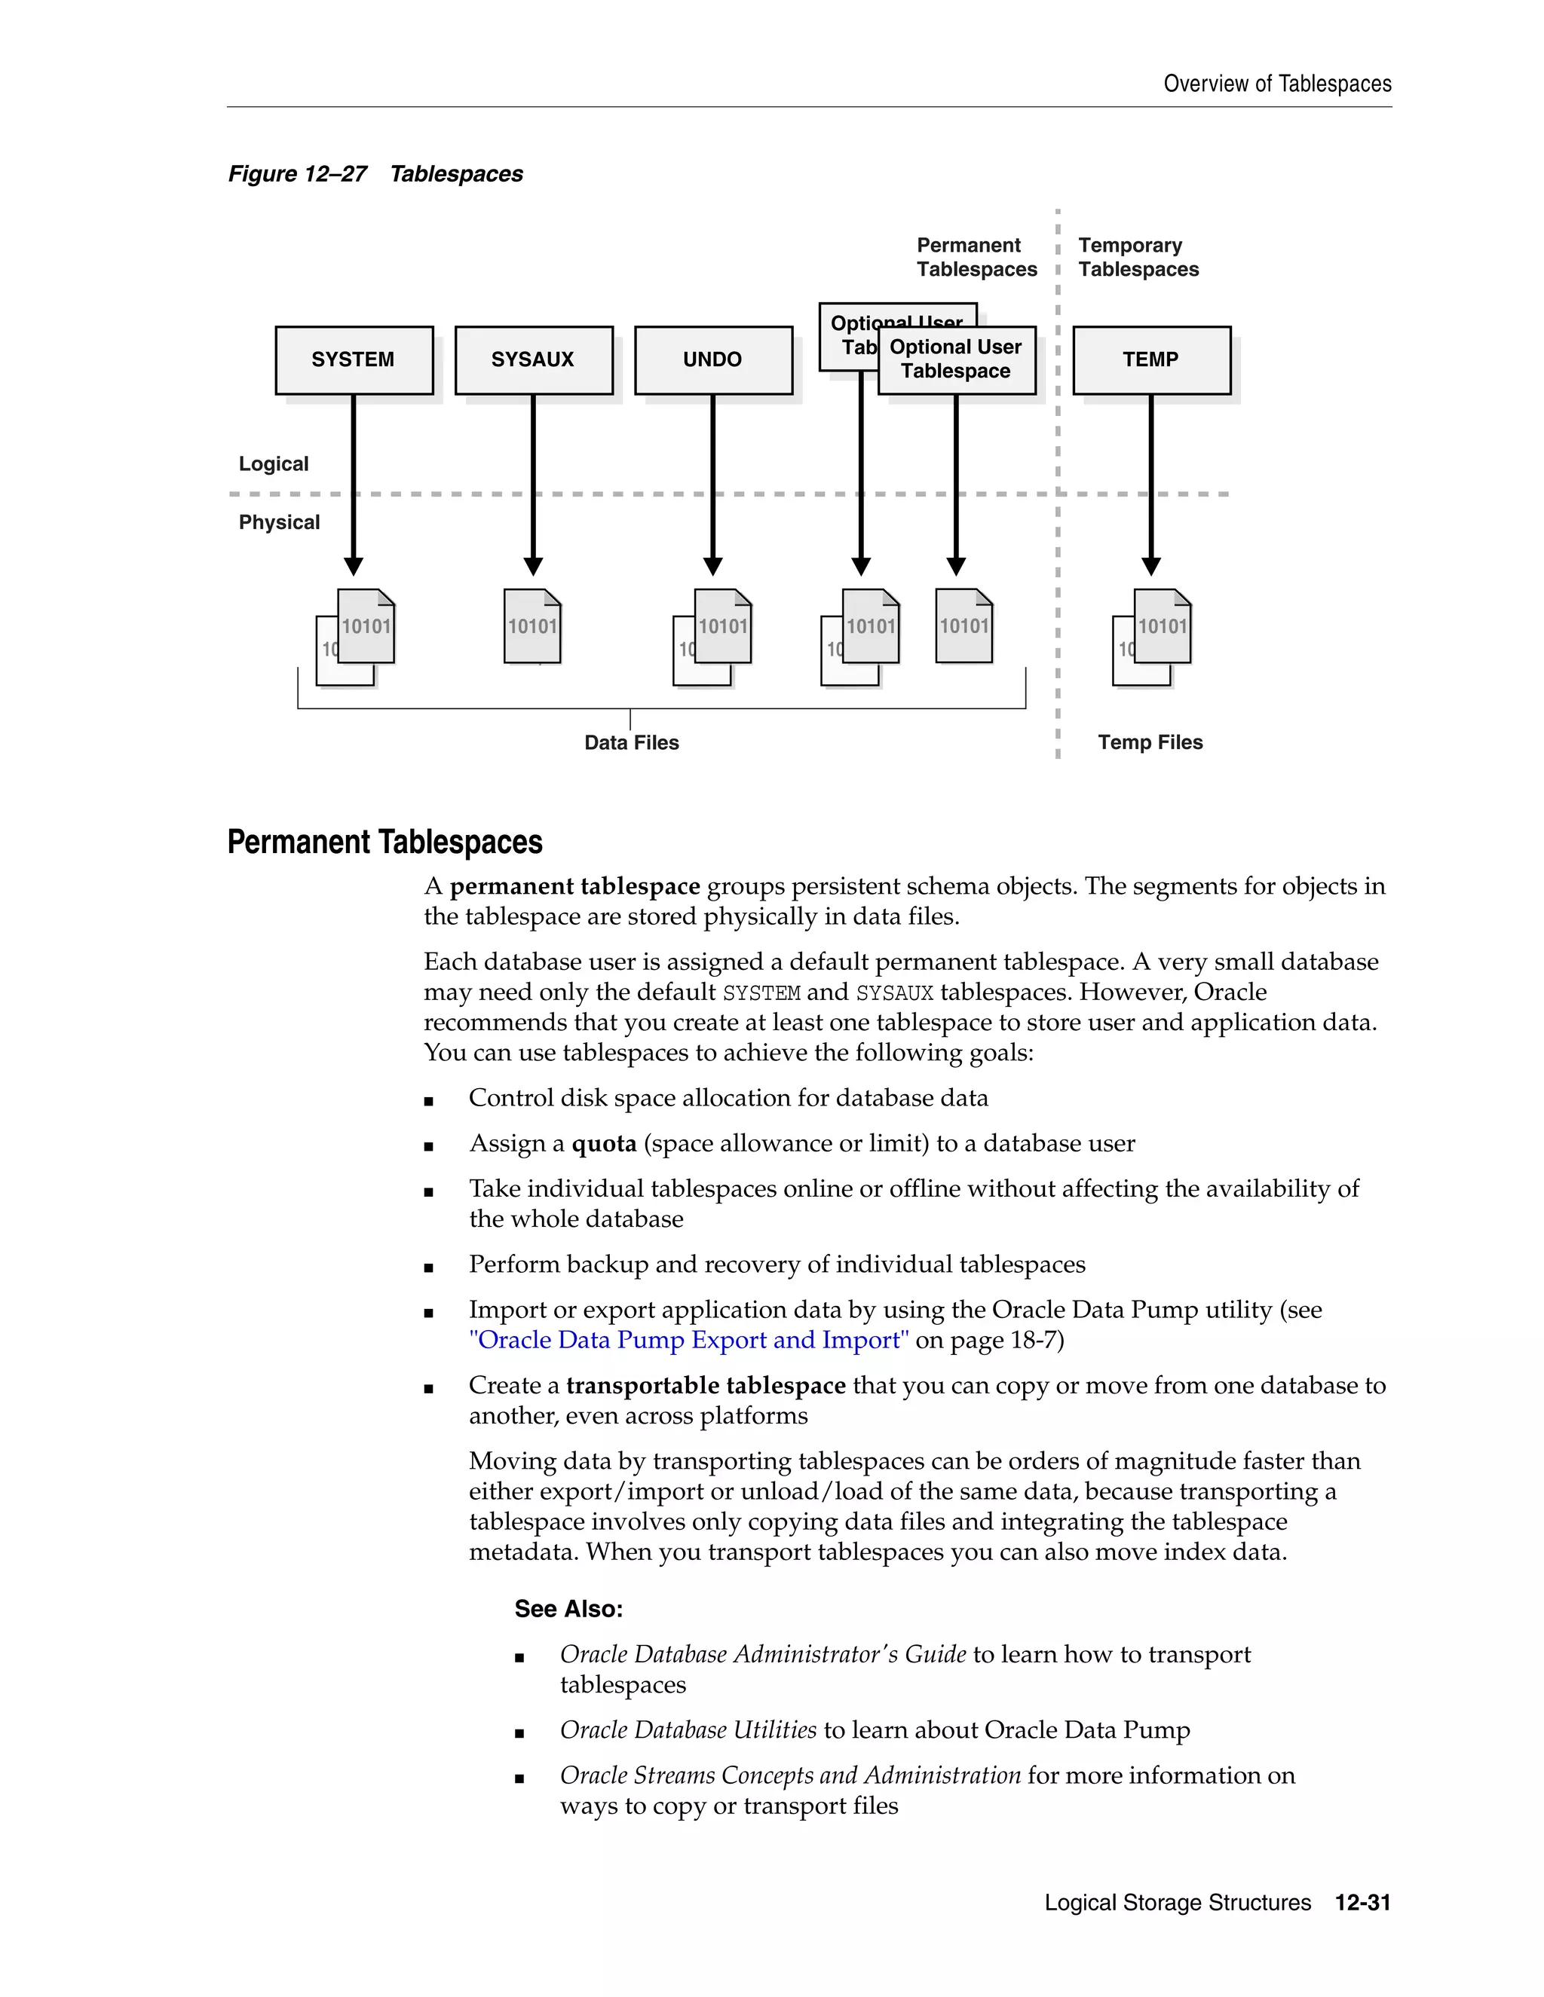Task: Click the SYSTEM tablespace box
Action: [x=354, y=359]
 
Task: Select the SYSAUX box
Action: [x=533, y=359]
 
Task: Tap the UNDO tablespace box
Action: [x=712, y=359]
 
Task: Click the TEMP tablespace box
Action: [x=1150, y=359]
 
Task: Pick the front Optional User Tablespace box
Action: [x=956, y=359]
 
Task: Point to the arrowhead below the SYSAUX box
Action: [x=533, y=566]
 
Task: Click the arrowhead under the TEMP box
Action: [x=1150, y=566]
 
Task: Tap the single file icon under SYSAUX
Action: [x=532, y=626]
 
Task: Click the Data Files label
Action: [x=631, y=742]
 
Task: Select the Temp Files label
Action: [x=1150, y=742]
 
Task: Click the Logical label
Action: [x=274, y=463]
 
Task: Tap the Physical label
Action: [x=279, y=522]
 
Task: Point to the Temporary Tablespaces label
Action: [x=1137, y=257]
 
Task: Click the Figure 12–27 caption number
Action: [x=297, y=174]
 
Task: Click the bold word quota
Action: [x=604, y=1144]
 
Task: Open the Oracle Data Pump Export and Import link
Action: [x=688, y=1341]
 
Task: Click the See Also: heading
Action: [x=568, y=1610]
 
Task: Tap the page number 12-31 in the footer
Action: [x=1362, y=1903]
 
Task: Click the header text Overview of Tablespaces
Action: [x=1277, y=84]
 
